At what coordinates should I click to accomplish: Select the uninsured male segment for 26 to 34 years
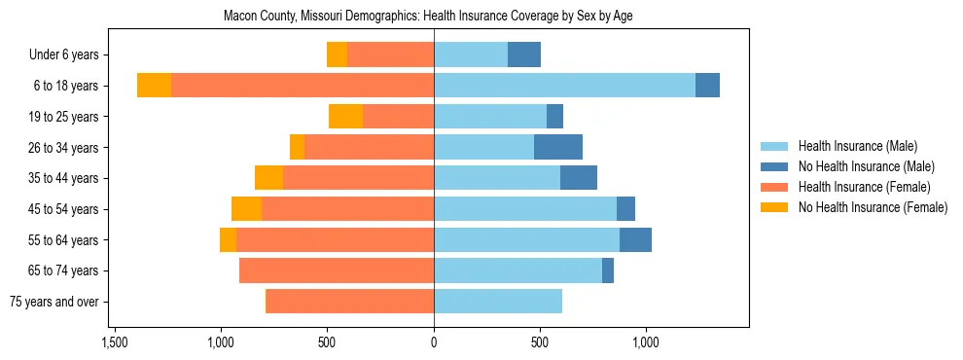pyautogui.click(x=558, y=147)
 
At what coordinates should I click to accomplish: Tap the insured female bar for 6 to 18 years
pyautogui.click(x=303, y=86)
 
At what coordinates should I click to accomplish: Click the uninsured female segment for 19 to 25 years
pyautogui.click(x=345, y=117)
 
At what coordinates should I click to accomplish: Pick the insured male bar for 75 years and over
pyautogui.click(x=498, y=302)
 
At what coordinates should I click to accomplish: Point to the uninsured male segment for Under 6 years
pyautogui.click(x=524, y=54)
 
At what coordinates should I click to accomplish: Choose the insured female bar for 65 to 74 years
pyautogui.click(x=337, y=270)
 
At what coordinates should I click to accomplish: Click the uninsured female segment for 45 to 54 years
pyautogui.click(x=246, y=209)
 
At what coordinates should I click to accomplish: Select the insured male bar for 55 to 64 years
pyautogui.click(x=526, y=239)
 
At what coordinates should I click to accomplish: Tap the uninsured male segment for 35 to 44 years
pyautogui.click(x=579, y=178)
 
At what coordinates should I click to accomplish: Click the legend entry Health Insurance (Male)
pyautogui.click(x=857, y=146)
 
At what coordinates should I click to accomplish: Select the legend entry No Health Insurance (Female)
pyautogui.click(x=872, y=207)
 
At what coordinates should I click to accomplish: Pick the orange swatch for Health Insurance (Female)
pyautogui.click(x=774, y=187)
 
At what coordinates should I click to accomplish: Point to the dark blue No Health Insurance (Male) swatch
pyautogui.click(x=774, y=166)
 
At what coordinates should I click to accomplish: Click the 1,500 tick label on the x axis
pyautogui.click(x=115, y=342)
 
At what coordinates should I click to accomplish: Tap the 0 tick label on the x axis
pyautogui.click(x=434, y=342)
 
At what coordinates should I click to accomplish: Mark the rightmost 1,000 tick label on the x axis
pyautogui.click(x=647, y=342)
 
